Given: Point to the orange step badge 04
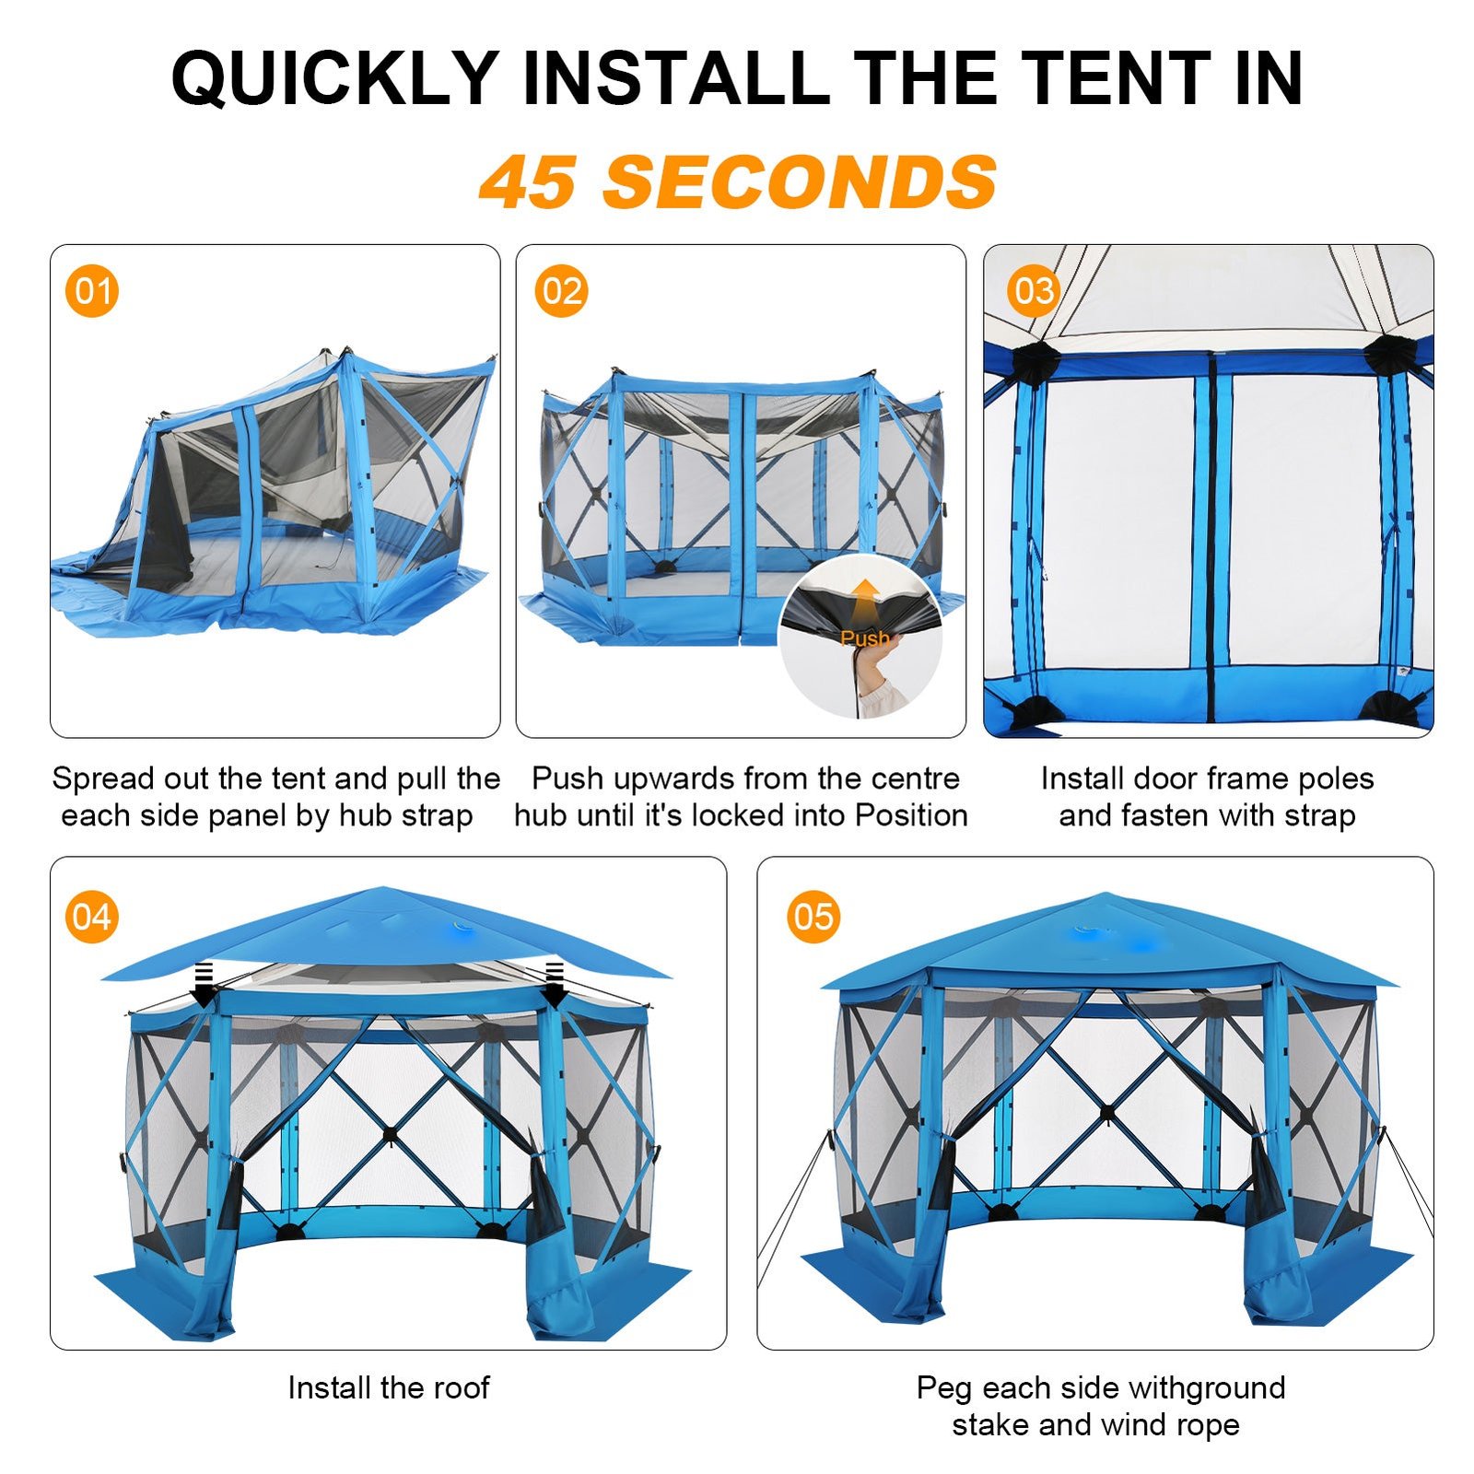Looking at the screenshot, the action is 92,917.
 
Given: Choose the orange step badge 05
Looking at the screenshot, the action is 813,917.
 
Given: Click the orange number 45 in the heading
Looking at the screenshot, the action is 528,181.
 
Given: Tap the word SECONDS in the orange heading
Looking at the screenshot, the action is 800,181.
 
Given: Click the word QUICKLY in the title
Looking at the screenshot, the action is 335,79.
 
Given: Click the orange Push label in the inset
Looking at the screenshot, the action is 864,638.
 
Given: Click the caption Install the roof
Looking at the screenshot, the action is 389,1387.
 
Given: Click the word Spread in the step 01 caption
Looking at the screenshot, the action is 103,779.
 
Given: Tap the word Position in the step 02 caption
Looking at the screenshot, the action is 911,815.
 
